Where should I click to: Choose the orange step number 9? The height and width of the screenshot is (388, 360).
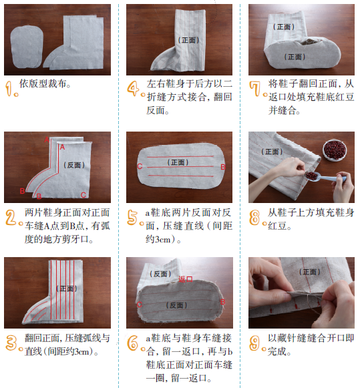click(255, 343)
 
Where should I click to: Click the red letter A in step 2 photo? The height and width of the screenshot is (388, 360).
click(62, 146)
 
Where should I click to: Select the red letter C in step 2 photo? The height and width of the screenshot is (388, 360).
click(83, 194)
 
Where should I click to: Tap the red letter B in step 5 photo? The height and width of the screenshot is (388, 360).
click(224, 167)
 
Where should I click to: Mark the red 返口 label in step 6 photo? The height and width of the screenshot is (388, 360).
click(186, 279)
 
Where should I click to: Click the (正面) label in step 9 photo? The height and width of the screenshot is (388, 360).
click(309, 272)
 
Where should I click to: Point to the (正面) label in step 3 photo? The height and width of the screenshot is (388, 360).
click(67, 288)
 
